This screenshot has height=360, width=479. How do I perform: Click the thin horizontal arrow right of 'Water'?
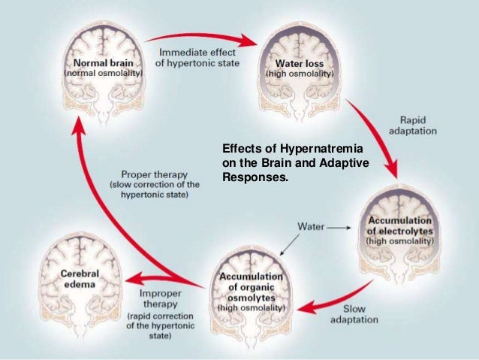pos(339,225)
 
